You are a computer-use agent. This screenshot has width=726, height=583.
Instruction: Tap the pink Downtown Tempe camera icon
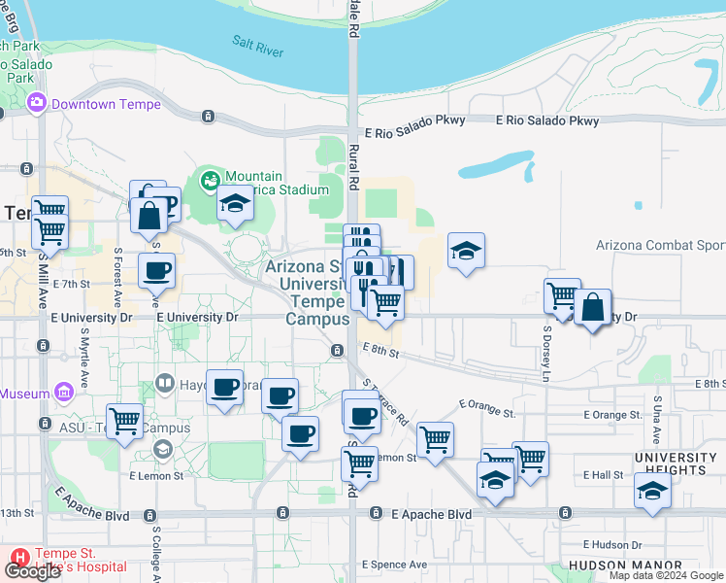38,102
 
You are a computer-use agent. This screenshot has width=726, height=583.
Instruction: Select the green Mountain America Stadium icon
209,180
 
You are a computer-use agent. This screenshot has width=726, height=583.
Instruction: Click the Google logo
32,571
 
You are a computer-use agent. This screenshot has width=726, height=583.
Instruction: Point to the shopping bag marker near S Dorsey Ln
592,308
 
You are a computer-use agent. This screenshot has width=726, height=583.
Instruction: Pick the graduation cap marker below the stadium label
234,204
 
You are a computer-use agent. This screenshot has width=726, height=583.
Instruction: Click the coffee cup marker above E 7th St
156,270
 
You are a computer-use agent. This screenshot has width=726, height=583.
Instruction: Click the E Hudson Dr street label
613,545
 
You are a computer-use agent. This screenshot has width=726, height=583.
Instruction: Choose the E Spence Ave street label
394,565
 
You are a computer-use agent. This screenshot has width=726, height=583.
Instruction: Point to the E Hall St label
604,475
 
